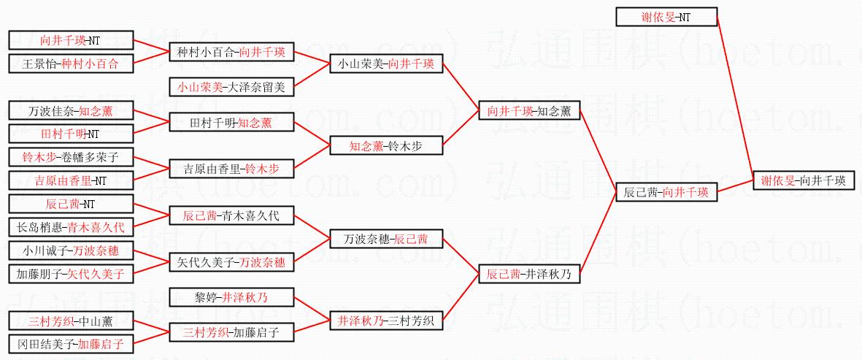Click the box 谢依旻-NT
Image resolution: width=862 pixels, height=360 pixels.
tap(666, 17)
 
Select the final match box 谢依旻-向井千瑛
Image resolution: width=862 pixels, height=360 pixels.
tap(803, 180)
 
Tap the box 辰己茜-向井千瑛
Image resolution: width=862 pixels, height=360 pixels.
tap(666, 192)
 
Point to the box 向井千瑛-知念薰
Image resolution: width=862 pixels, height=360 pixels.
tap(529, 111)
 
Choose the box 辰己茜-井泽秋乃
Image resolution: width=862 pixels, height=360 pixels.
tap(529, 274)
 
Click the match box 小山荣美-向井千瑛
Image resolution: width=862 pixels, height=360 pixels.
tap(386, 64)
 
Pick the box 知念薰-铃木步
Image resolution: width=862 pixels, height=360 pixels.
tap(386, 146)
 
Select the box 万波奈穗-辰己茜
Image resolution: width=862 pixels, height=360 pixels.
tap(386, 239)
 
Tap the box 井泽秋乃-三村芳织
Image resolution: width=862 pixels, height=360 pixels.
tap(386, 321)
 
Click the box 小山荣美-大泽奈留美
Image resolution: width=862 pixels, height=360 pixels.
tap(231, 88)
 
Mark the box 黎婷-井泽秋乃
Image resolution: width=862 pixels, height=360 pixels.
tap(231, 297)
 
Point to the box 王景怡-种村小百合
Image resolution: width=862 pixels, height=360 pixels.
tap(72, 64)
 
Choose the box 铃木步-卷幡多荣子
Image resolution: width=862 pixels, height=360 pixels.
tap(72, 157)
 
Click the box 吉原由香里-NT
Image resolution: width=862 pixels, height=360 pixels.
tap(72, 180)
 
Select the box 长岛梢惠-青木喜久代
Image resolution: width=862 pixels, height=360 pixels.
tap(72, 227)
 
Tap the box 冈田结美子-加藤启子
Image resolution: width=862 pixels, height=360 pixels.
tap(72, 343)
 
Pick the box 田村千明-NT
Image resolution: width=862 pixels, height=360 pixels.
tap(72, 134)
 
